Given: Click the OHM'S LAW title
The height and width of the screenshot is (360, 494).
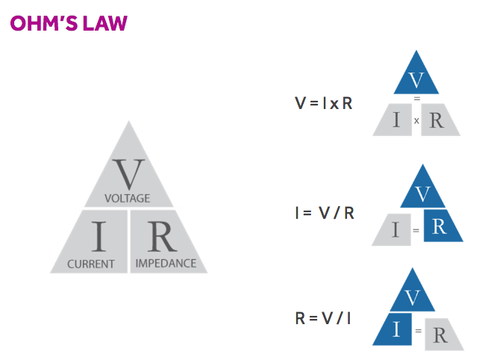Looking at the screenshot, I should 69,23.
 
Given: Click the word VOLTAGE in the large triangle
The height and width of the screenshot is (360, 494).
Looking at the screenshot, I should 128,198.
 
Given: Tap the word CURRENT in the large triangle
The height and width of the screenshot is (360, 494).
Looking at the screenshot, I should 91,264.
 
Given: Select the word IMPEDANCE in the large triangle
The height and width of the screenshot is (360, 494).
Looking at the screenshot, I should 166,263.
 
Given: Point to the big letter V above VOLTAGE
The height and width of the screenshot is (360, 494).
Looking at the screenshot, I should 128,173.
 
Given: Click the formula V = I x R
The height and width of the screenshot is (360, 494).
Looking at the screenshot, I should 323,103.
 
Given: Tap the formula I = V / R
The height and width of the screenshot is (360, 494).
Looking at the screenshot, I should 324,213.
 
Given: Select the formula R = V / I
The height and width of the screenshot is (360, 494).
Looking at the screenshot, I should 323,319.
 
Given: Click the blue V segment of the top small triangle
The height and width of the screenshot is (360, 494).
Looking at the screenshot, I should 416,78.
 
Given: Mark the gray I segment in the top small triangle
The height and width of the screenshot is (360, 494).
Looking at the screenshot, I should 395,120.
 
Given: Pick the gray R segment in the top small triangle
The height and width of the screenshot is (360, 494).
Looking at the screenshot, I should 437,120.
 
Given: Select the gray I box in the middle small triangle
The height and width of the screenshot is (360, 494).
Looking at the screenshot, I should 395,229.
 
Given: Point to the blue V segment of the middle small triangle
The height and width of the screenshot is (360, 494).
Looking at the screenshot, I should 422,193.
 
